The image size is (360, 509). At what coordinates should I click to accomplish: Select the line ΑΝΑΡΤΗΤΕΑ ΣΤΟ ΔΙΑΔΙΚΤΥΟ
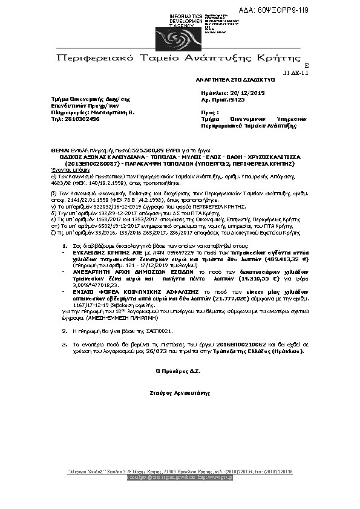pyautogui.click(x=235, y=79)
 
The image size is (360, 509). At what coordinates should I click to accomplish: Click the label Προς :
pyautogui.click(x=209, y=112)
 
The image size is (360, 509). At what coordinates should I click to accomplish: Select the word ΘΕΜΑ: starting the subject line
pyautogui.click(x=61, y=149)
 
